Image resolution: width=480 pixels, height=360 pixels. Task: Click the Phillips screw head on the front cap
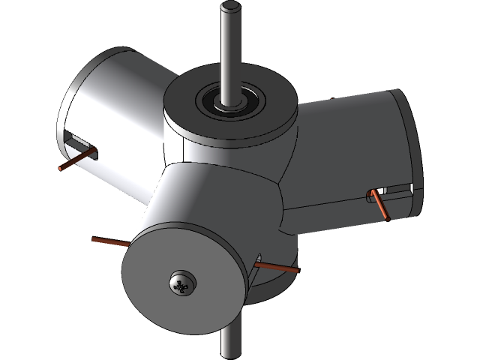(x=182, y=283)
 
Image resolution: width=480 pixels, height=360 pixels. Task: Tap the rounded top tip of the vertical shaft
(x=231, y=9)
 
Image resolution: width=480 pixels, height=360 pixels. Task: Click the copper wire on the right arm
(x=382, y=206)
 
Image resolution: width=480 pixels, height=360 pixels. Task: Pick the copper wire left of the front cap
(x=111, y=242)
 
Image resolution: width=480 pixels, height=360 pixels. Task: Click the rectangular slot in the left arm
(x=76, y=139)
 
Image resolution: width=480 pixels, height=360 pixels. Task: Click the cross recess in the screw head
(x=181, y=283)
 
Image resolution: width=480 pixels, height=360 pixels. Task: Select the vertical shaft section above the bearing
(x=231, y=52)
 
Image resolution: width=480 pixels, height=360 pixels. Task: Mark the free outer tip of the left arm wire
(x=61, y=169)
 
